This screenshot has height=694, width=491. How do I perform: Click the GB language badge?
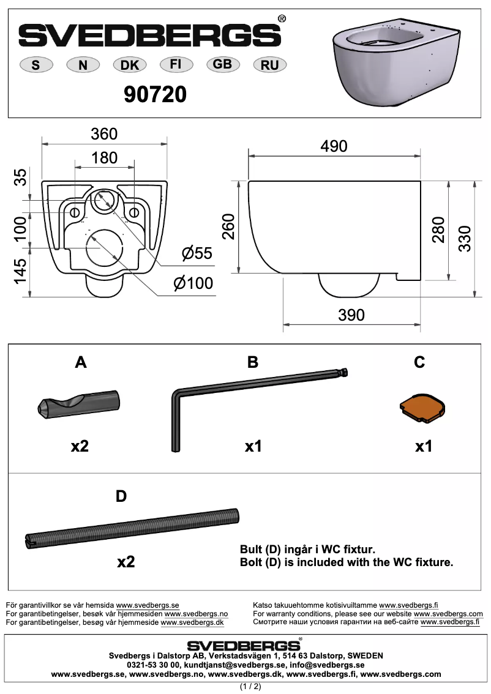coord(222,64)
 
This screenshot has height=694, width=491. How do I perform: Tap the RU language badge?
coord(269,65)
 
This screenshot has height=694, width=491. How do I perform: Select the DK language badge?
coord(129,65)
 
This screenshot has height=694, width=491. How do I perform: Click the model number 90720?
coord(155,94)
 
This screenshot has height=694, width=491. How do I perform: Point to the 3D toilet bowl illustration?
coord(397,65)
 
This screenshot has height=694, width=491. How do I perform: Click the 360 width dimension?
coord(104,133)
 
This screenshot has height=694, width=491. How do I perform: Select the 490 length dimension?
coord(334,146)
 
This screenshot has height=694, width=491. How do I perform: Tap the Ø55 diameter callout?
coord(197,253)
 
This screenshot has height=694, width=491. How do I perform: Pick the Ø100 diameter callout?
coord(193,283)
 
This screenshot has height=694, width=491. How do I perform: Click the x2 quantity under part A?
coord(80,446)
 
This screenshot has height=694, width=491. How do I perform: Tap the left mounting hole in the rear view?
coord(75,212)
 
